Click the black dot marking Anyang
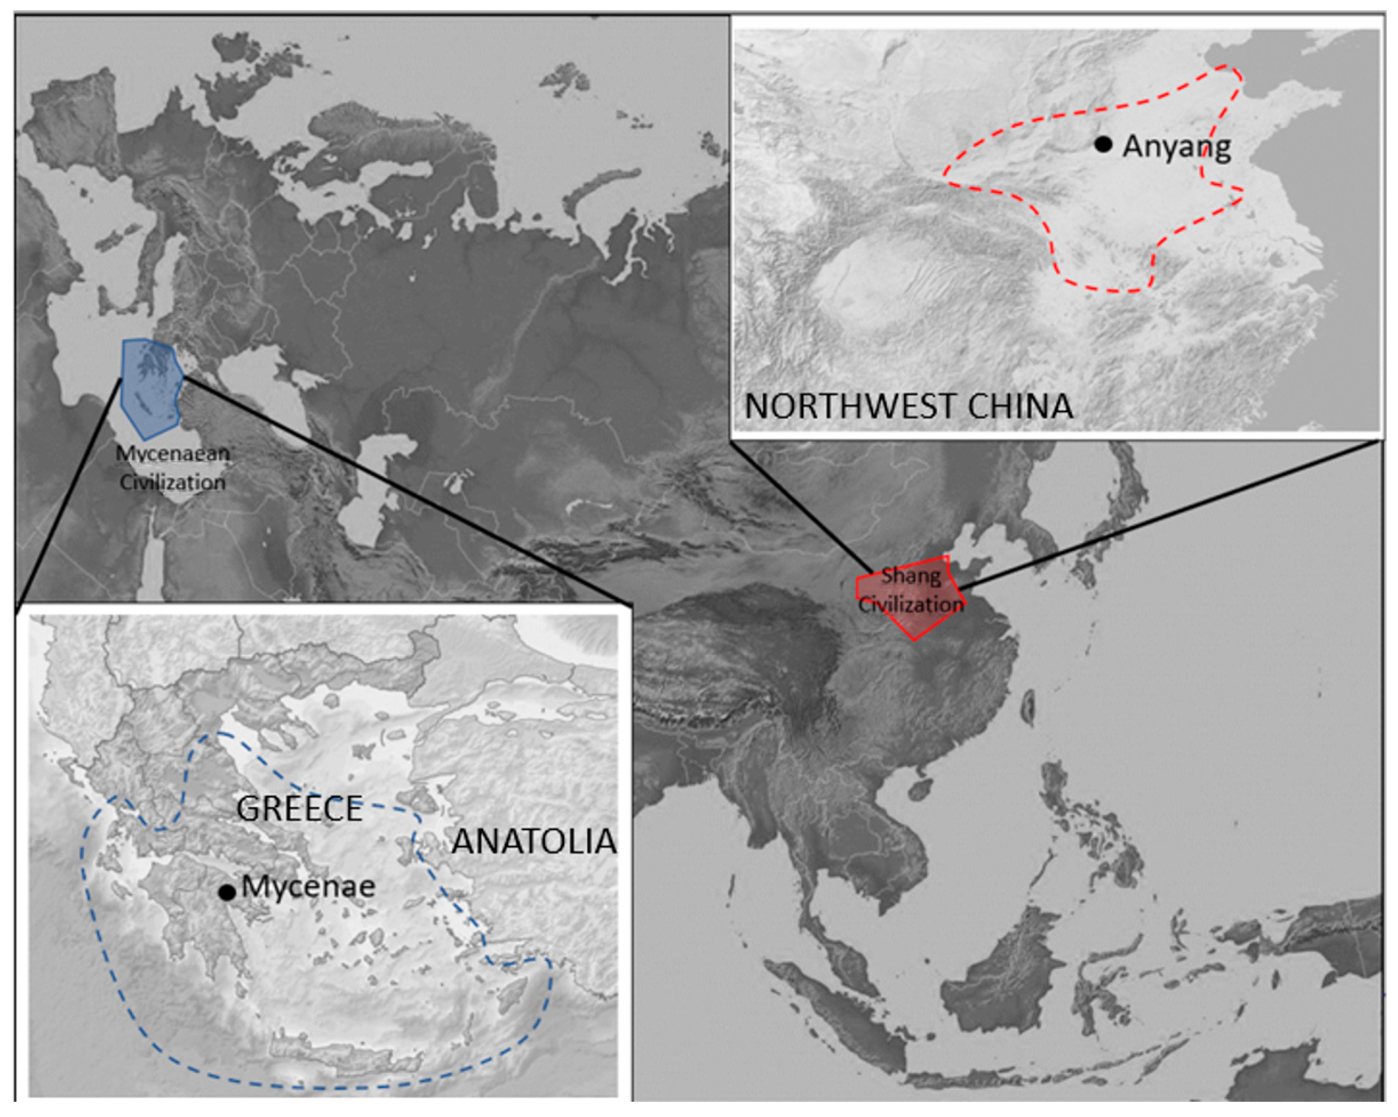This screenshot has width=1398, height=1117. [x=1103, y=144]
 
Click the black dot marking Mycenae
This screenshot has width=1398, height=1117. [x=226, y=892]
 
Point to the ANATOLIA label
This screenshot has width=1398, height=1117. [x=533, y=841]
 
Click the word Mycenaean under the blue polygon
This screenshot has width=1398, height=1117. [x=173, y=454]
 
